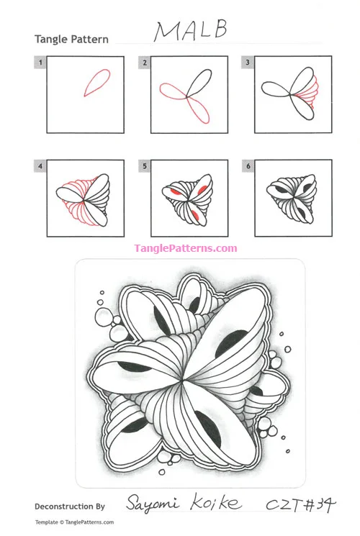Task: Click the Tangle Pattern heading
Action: (71, 39)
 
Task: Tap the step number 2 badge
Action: (145, 63)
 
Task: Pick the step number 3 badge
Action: (248, 63)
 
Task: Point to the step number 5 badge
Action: (145, 166)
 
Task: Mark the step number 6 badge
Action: (248, 166)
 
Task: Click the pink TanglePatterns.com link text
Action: (185, 249)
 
